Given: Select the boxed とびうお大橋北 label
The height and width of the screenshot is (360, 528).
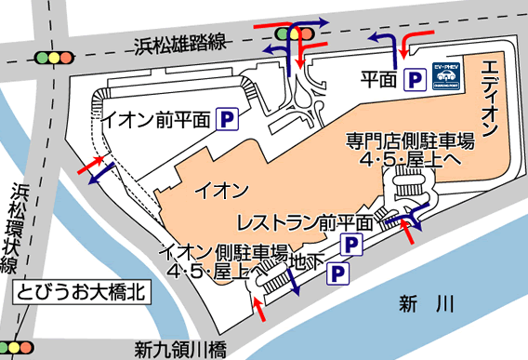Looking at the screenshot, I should coord(82,292).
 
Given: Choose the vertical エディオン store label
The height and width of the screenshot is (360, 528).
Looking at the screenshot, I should coord(490,93).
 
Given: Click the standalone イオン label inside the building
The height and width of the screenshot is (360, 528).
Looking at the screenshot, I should coord(219,191).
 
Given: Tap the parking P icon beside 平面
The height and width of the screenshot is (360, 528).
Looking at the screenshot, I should coord(411,82).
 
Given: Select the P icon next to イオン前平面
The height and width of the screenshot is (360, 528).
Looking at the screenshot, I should coord(226,118).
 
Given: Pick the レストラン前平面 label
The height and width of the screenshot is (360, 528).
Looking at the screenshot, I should coord(304,222).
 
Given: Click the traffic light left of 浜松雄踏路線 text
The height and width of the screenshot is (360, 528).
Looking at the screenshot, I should coord(54,58).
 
